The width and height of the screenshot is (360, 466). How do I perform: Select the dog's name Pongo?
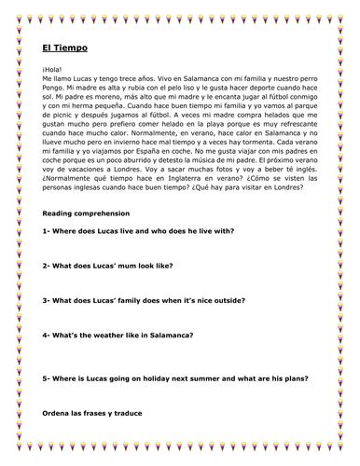click(x=56, y=95)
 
